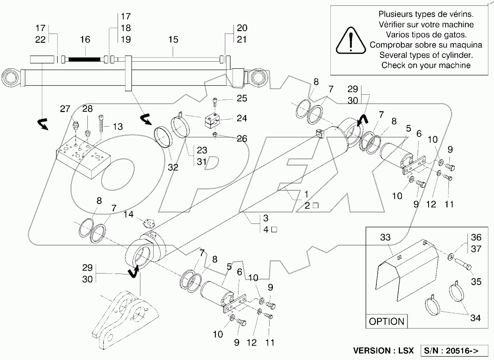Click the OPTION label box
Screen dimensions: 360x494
click(387, 321)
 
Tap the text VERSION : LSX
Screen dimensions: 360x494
click(383, 350)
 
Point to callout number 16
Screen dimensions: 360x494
click(85, 40)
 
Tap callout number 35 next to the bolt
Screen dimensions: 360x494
click(476, 281)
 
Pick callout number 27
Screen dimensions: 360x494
click(65, 109)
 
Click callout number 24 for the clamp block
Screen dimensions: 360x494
click(241, 118)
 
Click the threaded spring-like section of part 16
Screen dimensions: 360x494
click(84, 60)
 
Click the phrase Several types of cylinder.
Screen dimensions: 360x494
click(426, 55)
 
